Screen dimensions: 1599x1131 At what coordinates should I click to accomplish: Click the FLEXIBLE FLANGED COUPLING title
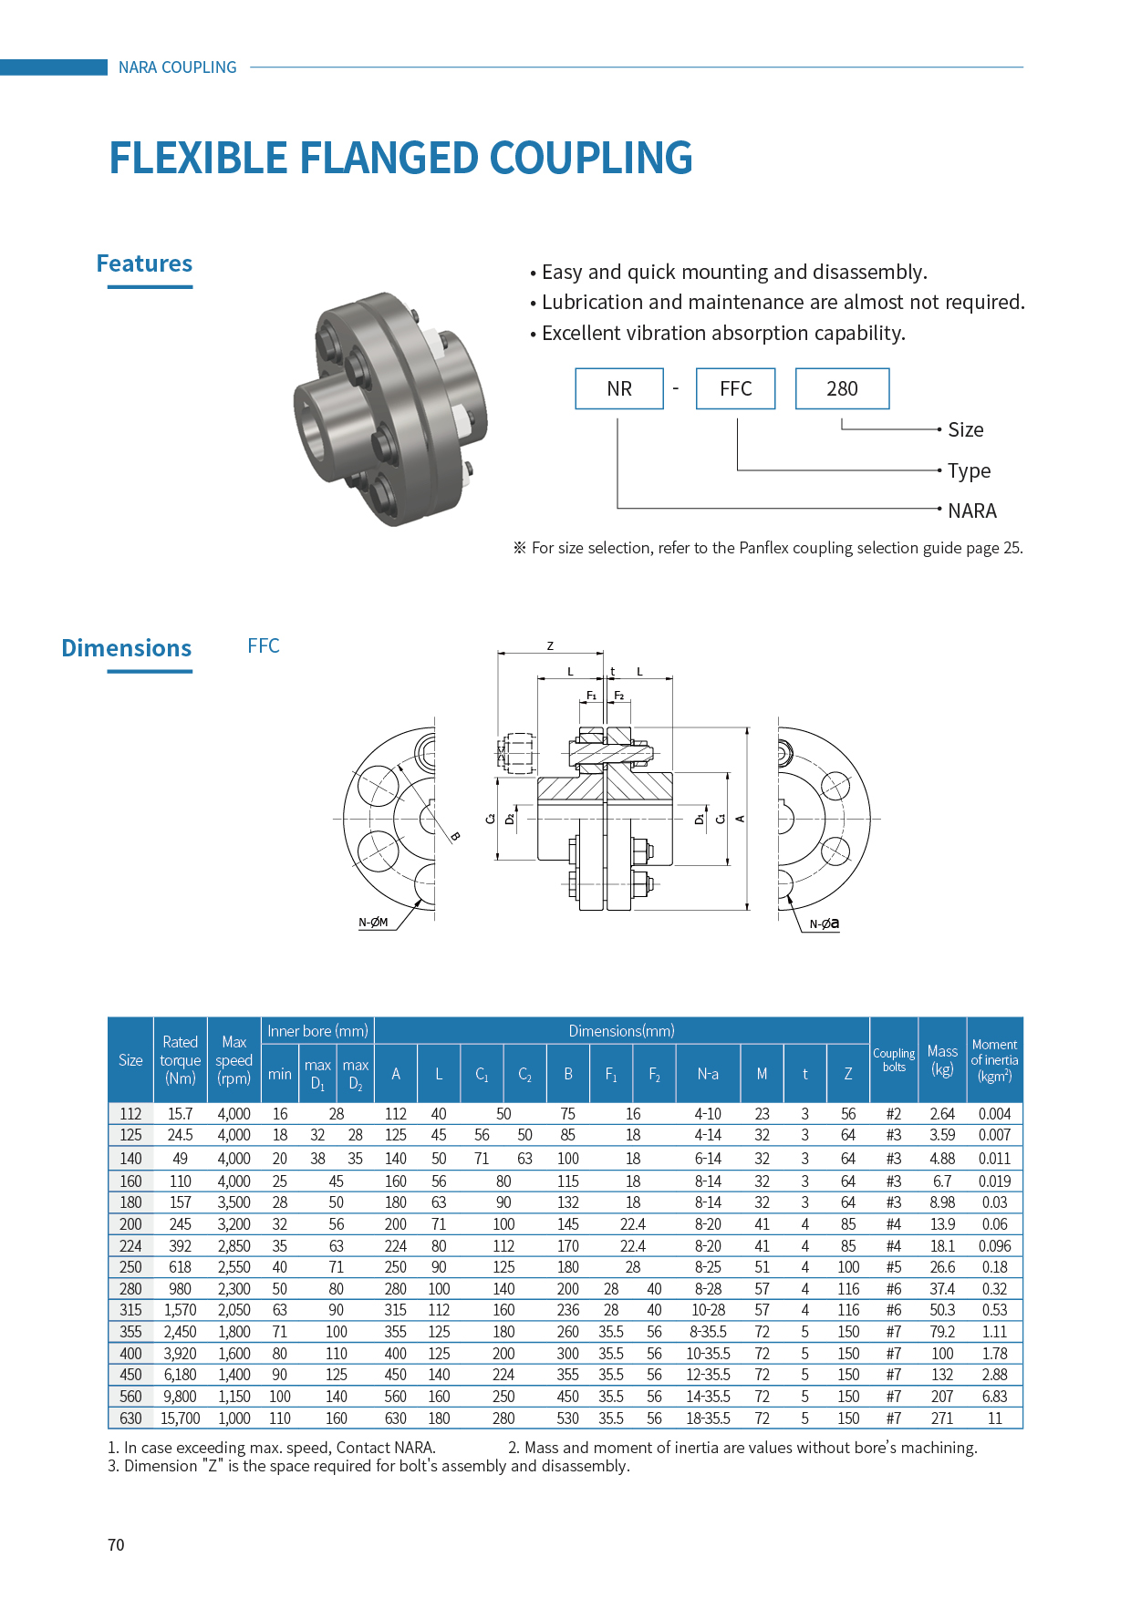pos(400,158)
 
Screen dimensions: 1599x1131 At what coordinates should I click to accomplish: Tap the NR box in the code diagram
pos(619,389)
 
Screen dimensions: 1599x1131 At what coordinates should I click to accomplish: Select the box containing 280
pos(842,389)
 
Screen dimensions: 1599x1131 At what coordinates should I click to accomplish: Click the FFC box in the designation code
pos(735,389)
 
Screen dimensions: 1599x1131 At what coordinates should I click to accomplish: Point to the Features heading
pos(144,264)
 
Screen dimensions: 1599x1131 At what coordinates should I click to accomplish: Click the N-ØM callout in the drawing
pos(373,923)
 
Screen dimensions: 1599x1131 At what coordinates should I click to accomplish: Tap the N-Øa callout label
pos(824,923)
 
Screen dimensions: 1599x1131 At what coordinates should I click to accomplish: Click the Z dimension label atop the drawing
pos(550,645)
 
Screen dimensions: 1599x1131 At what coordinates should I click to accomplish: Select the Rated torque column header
pos(180,1060)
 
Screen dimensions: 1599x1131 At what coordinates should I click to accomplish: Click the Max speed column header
pos(233,1060)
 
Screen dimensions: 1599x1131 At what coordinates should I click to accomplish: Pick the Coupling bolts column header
pos(894,1060)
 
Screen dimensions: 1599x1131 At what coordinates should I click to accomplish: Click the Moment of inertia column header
pos(994,1060)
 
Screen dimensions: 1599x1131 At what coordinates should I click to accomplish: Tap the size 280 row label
pos(130,1289)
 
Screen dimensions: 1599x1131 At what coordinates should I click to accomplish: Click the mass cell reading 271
pos(942,1418)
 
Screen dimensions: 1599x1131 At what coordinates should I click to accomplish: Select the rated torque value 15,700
pos(180,1418)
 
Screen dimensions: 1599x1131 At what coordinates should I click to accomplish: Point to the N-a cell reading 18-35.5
pos(708,1418)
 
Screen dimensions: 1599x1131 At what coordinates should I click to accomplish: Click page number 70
pos(116,1545)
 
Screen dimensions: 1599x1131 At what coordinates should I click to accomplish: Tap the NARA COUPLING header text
pos(177,67)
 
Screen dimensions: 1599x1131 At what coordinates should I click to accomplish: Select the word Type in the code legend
pos(969,471)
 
